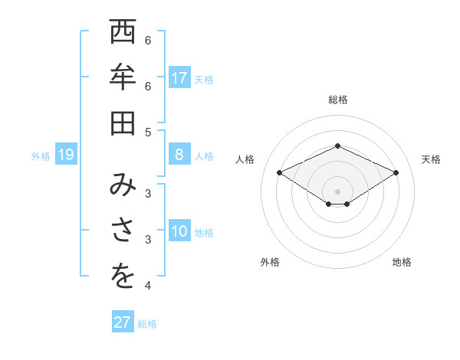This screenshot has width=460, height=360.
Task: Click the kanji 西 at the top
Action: (x=122, y=34)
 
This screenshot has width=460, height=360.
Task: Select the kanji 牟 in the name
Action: (x=122, y=77)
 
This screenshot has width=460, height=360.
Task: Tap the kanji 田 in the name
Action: (x=122, y=123)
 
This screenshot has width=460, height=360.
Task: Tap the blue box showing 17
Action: (x=179, y=78)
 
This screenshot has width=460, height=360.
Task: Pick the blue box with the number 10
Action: (x=179, y=232)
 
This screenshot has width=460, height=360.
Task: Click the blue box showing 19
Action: (x=65, y=155)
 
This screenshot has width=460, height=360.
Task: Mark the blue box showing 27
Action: (x=123, y=322)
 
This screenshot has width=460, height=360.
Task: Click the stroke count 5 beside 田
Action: (x=148, y=132)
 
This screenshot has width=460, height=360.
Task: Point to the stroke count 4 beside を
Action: (x=148, y=286)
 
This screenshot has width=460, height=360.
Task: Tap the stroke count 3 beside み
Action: (x=148, y=192)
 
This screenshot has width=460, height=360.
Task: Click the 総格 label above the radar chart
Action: (x=337, y=100)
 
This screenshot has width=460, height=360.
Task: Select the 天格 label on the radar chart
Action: (x=431, y=159)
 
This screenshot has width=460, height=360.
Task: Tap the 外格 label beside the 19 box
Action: (x=41, y=156)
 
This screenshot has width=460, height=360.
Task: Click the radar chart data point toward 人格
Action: (x=279, y=173)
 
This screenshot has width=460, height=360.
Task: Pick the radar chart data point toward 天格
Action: (x=396, y=173)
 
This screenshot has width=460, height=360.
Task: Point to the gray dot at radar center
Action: (x=337, y=191)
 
